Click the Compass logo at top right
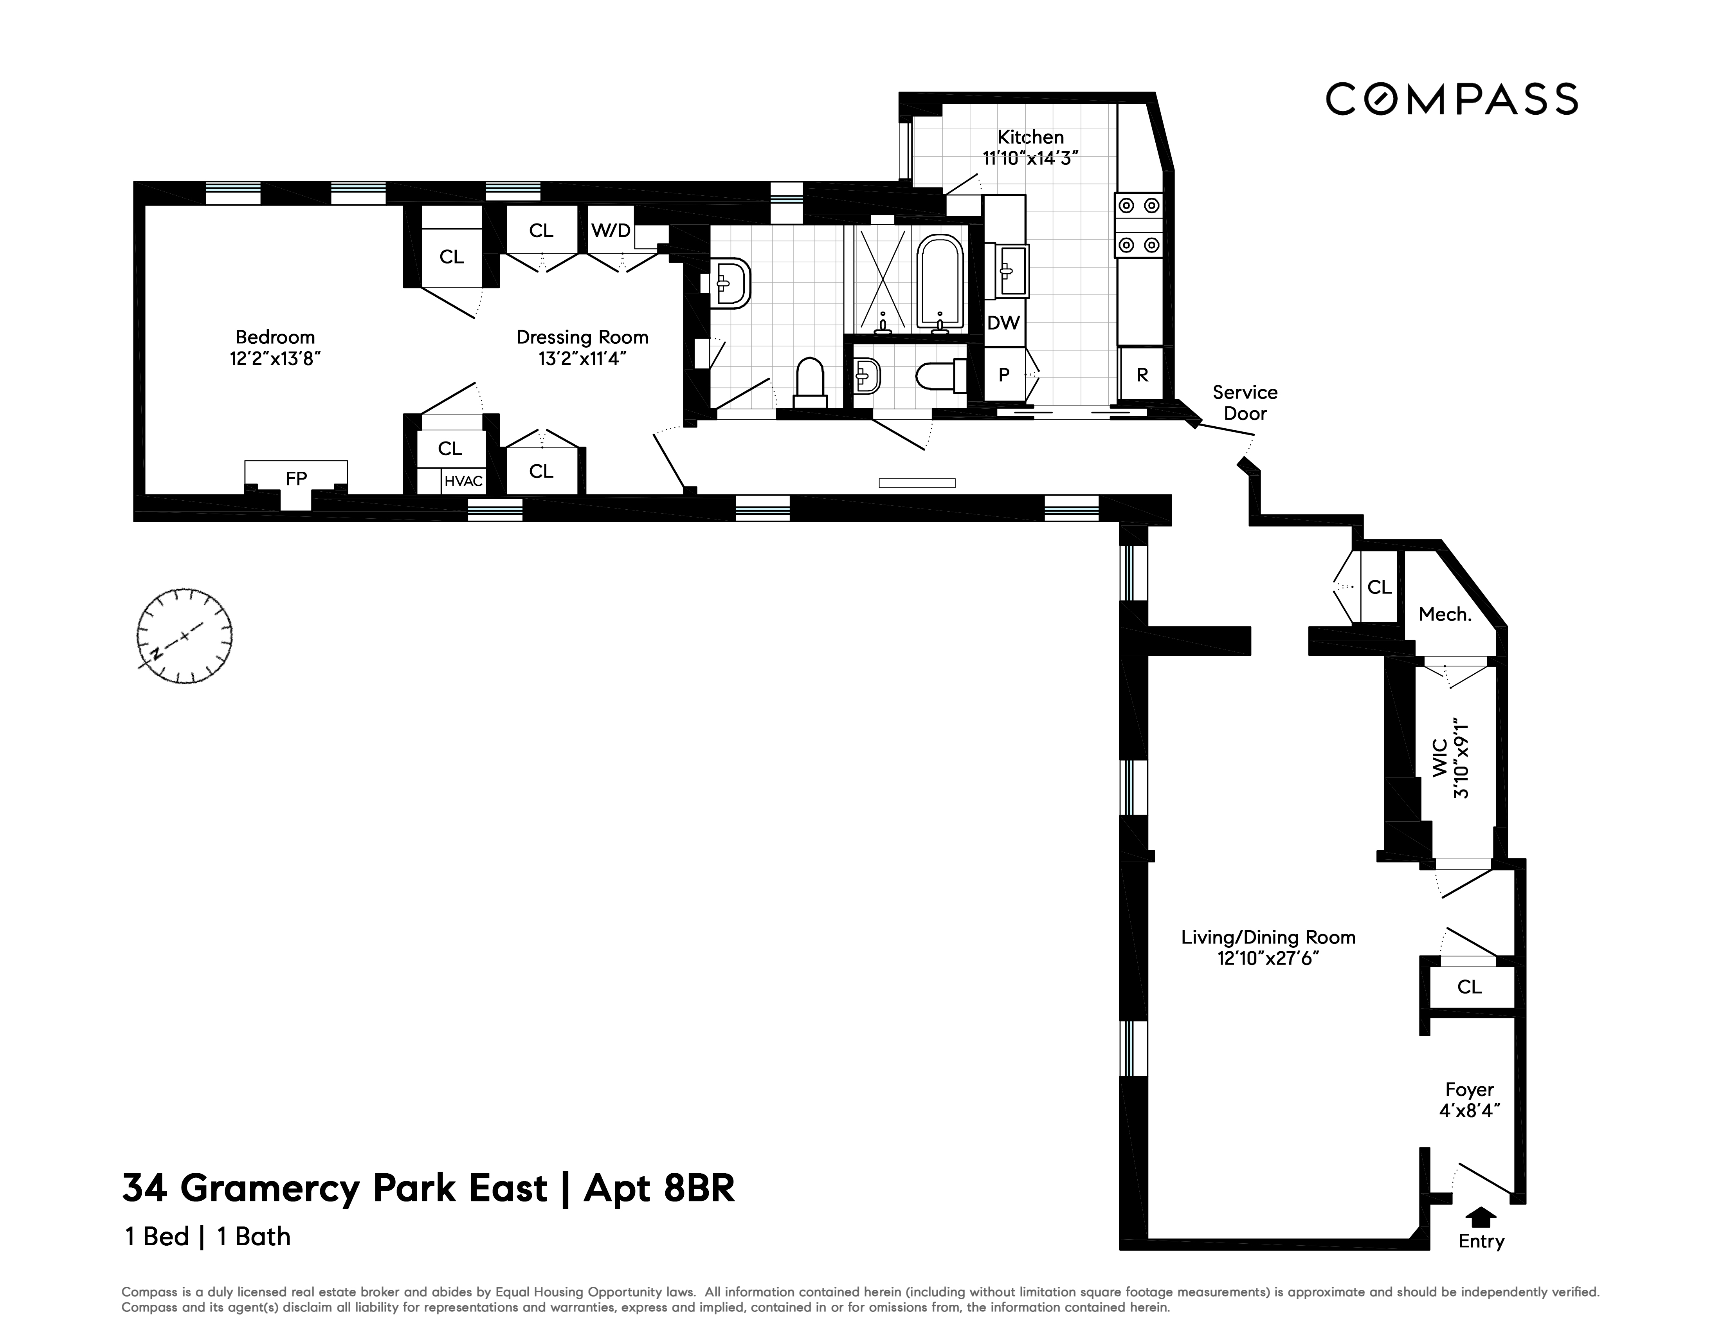coord(1451,99)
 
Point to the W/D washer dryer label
coord(611,230)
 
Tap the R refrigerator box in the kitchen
coord(1142,375)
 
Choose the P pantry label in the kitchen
coord(1004,375)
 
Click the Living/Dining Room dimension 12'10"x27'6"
coord(1268,959)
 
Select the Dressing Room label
coord(582,337)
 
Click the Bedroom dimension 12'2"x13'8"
coord(275,359)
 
